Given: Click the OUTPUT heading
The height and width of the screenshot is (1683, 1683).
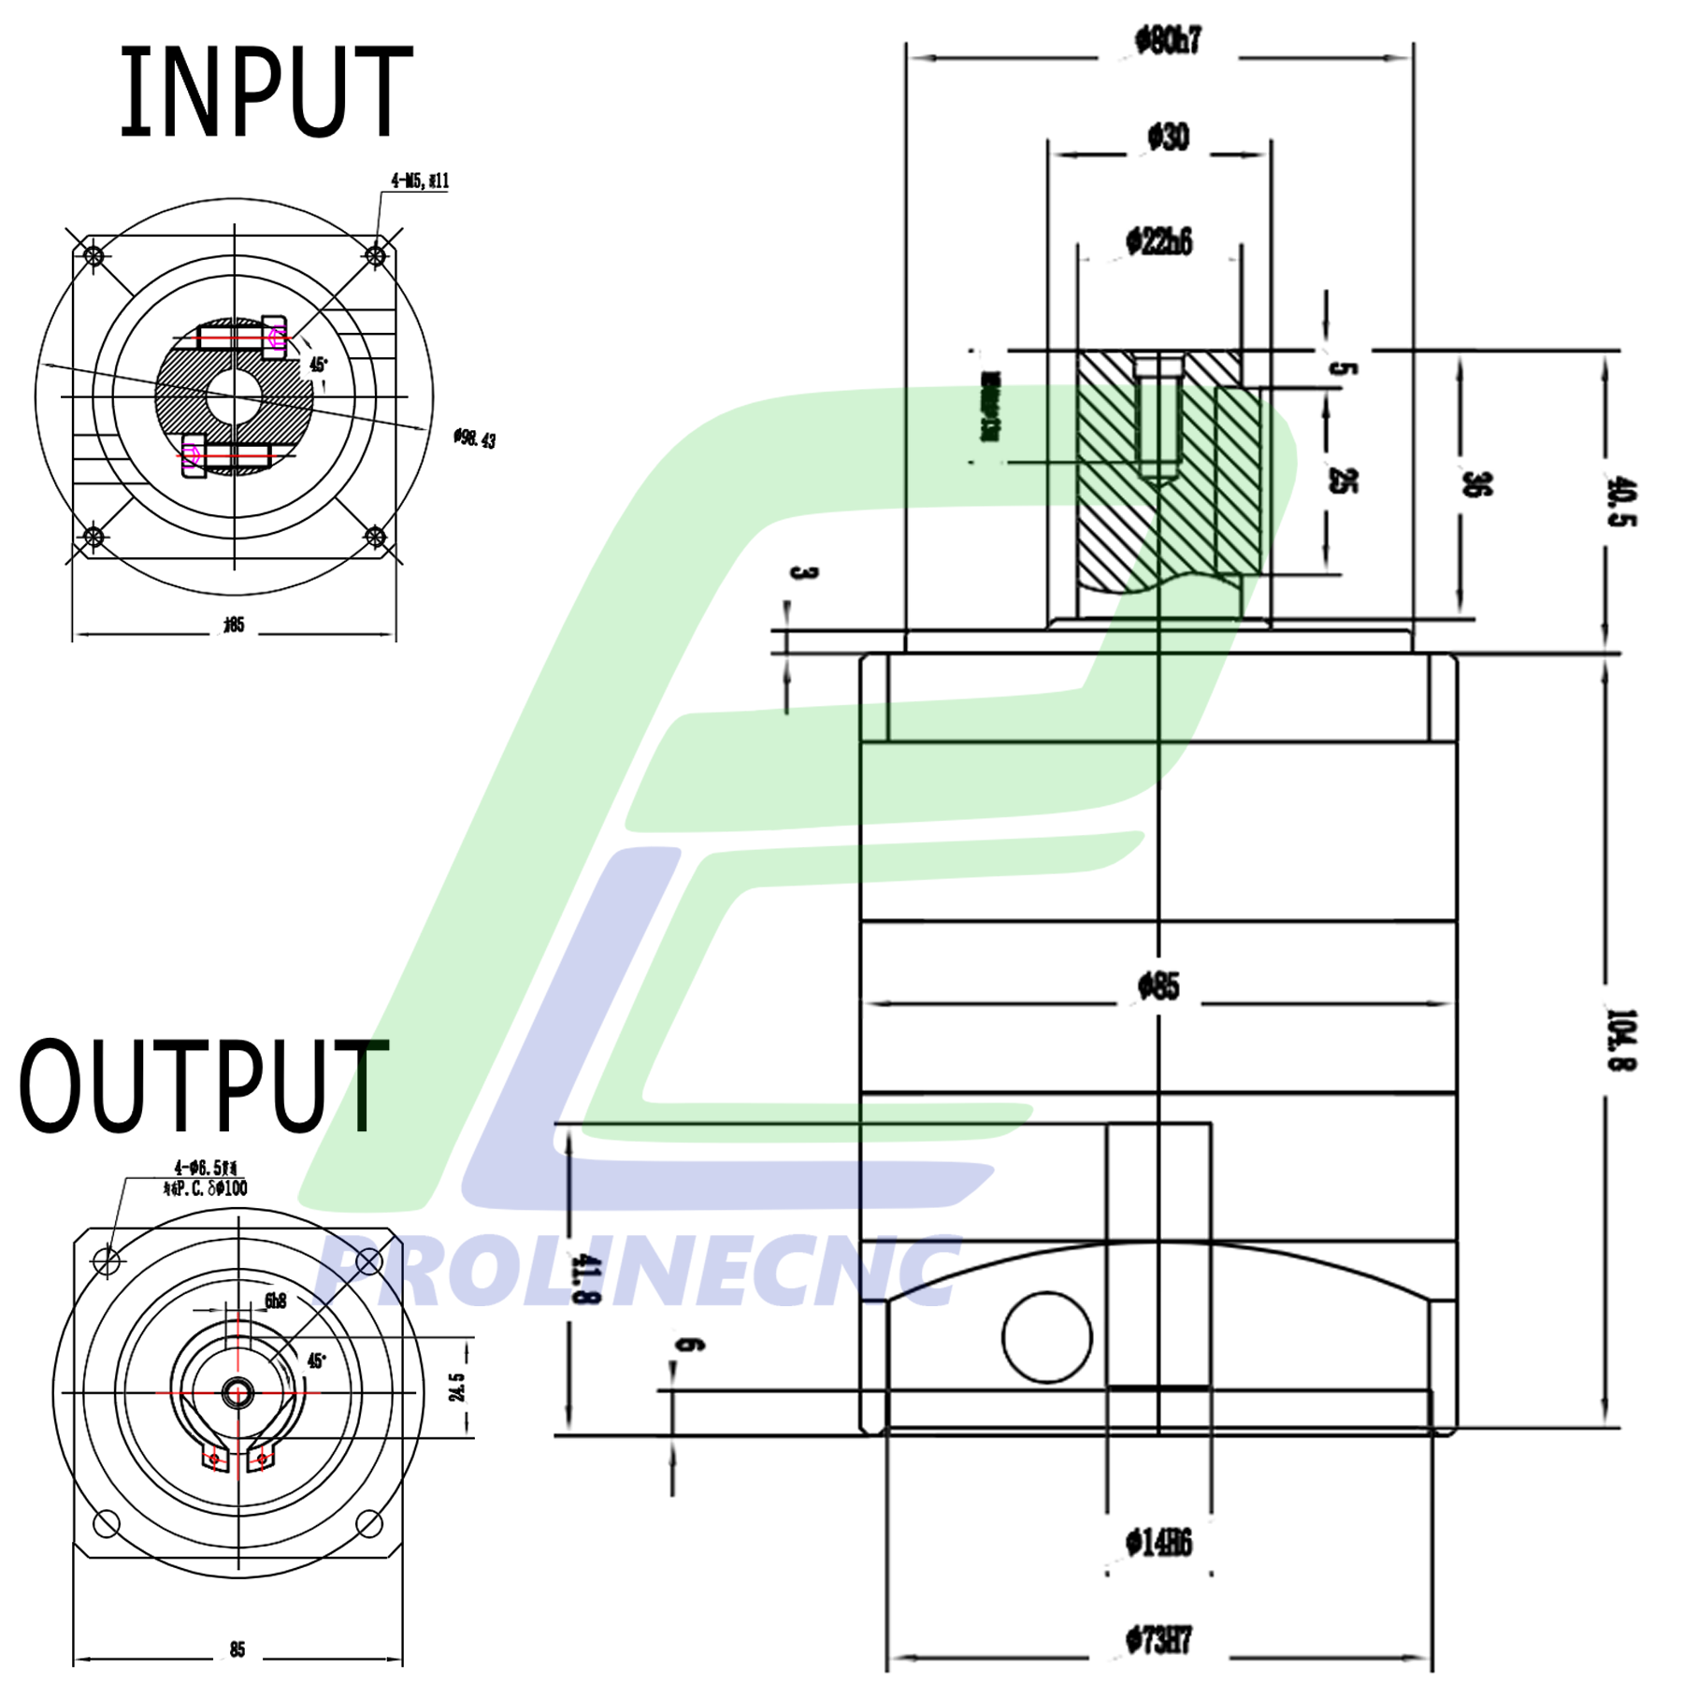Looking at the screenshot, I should pos(203,1086).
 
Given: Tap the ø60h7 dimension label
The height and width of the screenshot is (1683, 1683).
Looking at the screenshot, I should pos(1168,41).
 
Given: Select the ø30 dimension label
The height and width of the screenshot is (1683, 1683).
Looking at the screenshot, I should pos(1168,138).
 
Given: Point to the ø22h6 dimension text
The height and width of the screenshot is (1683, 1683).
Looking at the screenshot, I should pos(1158,242).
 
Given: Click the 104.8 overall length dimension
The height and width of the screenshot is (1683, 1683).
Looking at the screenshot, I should pos(1620,1039).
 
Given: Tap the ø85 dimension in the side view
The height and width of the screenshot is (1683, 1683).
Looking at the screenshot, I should pos(1158,986).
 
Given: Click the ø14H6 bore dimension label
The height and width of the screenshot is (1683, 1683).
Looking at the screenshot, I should pos(1158,1543).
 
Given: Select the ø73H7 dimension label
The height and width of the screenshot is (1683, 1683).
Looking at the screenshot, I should pos(1158,1640).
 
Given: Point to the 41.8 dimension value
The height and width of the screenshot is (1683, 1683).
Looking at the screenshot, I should pos(585,1279).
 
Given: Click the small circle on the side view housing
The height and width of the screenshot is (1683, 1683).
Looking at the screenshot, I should pos(1046,1337).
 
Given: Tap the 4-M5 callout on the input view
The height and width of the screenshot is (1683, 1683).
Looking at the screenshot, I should pos(420,180).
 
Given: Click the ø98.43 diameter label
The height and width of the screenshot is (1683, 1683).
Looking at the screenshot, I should pos(474,439).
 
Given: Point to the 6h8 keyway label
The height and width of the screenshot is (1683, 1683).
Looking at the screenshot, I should pos(275,1301).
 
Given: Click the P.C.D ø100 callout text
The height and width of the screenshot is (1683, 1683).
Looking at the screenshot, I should pos(206,1188).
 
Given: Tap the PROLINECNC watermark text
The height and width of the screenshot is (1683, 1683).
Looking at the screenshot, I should pos(636,1272).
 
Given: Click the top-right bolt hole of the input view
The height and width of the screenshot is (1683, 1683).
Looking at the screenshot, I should pos(375,255).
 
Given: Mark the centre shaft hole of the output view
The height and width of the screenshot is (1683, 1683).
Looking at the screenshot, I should pos(237,1393).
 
